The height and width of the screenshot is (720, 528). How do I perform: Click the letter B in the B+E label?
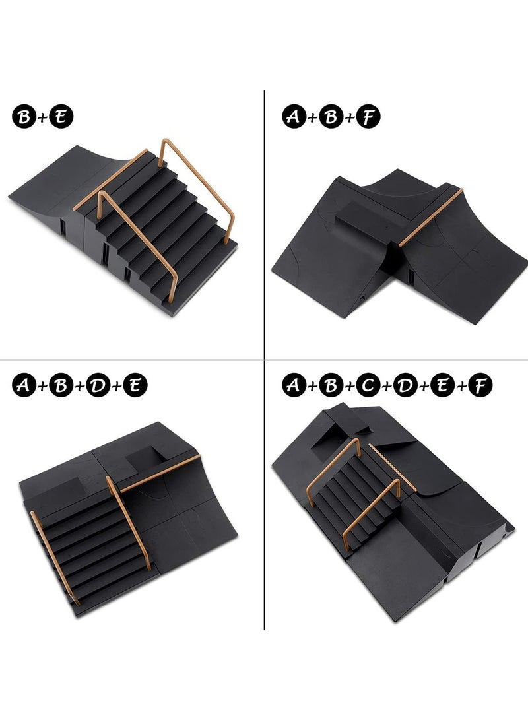click(x=24, y=117)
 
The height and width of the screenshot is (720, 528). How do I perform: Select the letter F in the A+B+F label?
click(x=370, y=116)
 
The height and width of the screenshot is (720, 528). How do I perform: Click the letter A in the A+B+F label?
click(x=294, y=116)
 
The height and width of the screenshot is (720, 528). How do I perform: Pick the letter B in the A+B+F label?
click(x=332, y=116)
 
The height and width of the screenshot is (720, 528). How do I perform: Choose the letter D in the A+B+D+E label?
click(x=98, y=385)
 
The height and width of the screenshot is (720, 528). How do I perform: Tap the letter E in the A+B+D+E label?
click(x=136, y=385)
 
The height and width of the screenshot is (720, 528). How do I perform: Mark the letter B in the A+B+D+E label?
click(x=61, y=385)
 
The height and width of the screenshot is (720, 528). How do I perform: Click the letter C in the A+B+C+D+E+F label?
click(x=368, y=385)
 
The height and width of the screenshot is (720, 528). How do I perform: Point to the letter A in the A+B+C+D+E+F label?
click(x=294, y=385)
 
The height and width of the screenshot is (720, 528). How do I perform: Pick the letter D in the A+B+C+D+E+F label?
click(x=405, y=385)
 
